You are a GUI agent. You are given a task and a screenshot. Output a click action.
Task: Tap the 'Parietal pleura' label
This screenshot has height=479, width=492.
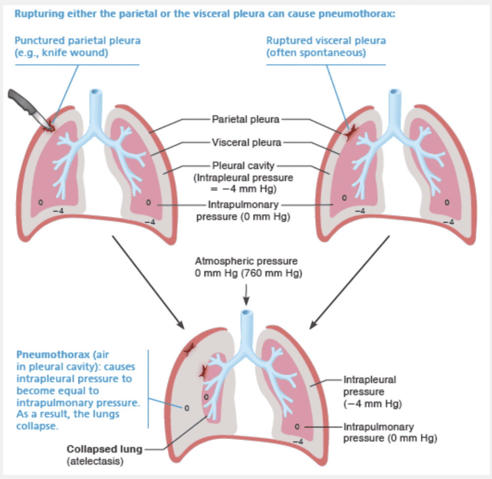(246, 119)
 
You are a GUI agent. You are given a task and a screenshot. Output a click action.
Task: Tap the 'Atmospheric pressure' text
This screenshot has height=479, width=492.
(246, 261)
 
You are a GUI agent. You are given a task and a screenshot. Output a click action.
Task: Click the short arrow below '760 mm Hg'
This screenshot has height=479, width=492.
(246, 296)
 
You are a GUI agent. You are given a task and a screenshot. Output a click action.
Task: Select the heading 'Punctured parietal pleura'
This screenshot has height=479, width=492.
(77, 40)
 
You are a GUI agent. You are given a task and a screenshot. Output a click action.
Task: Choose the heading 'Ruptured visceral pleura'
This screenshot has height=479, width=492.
(326, 40)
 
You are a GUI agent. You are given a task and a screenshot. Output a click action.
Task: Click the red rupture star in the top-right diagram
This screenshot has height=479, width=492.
(350, 131)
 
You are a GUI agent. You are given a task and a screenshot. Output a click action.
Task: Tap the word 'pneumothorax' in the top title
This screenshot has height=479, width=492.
(358, 13)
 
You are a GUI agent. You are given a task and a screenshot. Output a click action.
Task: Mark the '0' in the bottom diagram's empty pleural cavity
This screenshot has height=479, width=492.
(186, 408)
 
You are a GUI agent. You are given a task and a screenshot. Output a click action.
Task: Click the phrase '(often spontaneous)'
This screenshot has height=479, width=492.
(316, 53)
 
